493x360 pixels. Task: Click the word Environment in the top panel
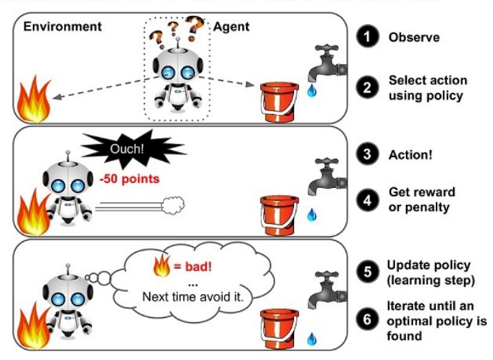(62, 27)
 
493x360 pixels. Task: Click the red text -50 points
(129, 178)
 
